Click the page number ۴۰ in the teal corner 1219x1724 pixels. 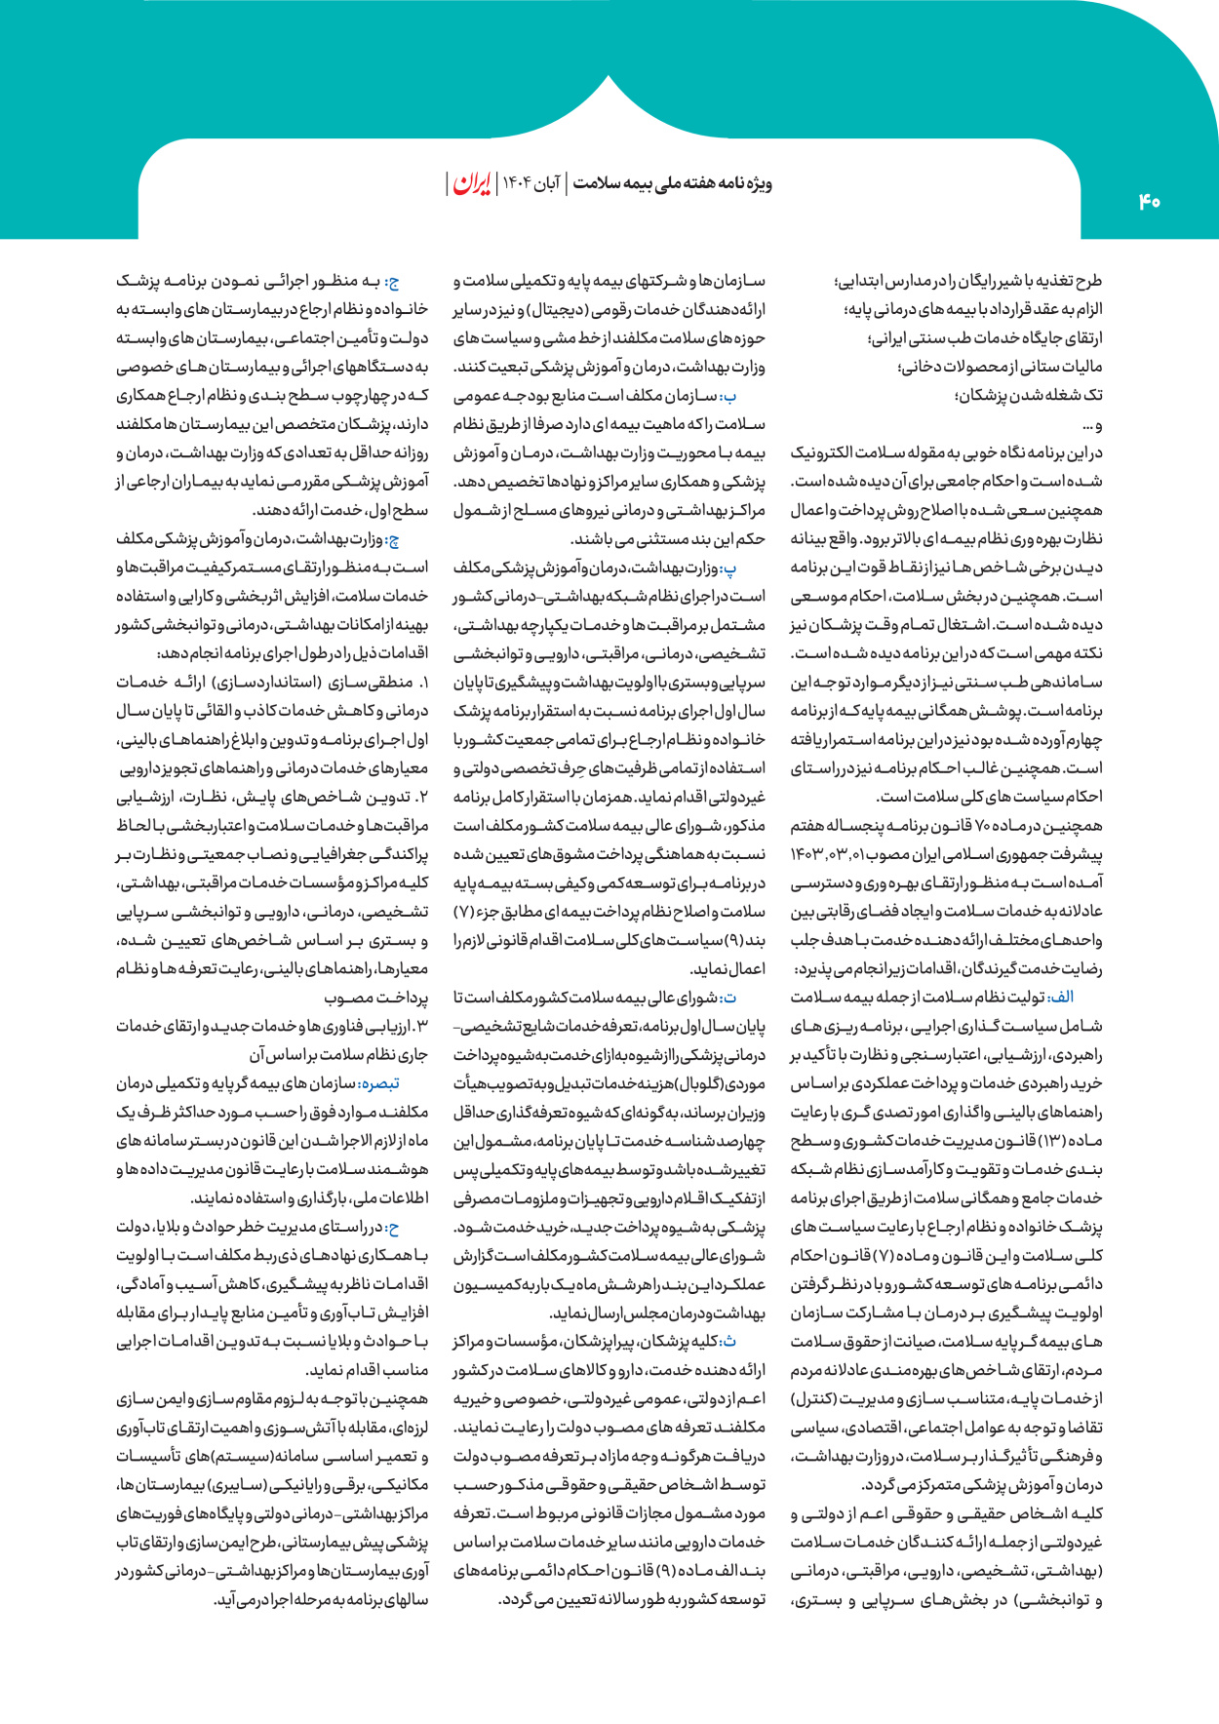tap(1149, 202)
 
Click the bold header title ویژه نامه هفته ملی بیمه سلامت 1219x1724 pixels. tap(672, 184)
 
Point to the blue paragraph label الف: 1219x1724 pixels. tap(1088, 998)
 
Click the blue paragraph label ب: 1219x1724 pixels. tap(756, 396)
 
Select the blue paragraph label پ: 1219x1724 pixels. tap(756, 568)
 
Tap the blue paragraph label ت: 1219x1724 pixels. tap(756, 998)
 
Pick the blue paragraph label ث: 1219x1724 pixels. tap(756, 1342)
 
